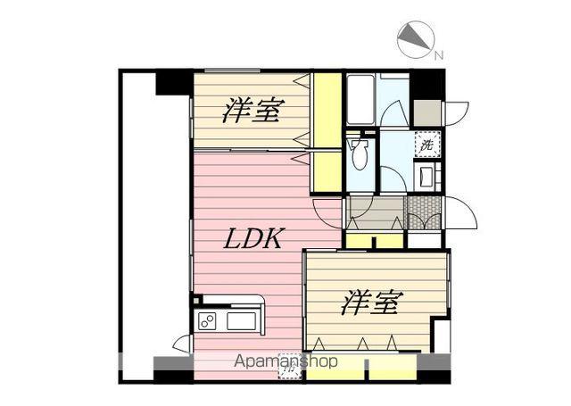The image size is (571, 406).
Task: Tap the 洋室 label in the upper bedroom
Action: [252, 112]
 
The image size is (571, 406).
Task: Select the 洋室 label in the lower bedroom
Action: [368, 303]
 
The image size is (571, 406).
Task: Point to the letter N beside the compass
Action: [438, 55]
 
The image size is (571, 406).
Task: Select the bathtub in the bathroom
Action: [360, 100]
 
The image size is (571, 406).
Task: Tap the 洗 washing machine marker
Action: [426, 144]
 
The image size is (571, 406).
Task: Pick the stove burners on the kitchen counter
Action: [207, 321]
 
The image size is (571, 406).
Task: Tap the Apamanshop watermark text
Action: [285, 362]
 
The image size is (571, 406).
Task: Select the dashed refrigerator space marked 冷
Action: [290, 366]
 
